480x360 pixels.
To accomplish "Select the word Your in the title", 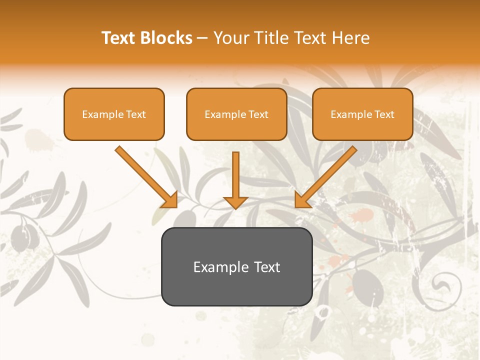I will pos(230,38).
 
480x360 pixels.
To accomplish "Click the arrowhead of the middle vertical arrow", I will pos(235,202).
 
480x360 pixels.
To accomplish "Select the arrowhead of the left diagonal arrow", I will pos(170,200).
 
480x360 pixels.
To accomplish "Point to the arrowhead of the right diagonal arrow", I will pos(302,200).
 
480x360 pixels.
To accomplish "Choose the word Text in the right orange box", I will pos(384,114).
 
